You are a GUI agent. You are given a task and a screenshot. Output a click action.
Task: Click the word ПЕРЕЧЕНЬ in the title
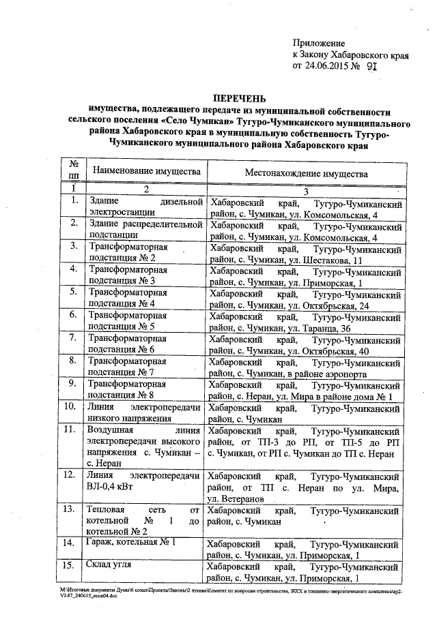[x=240, y=99]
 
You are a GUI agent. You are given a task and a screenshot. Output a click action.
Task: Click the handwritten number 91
[x=371, y=67]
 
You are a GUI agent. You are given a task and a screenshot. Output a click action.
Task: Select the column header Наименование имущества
[x=146, y=170]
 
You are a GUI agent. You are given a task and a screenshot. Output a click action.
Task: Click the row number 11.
[x=68, y=431]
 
